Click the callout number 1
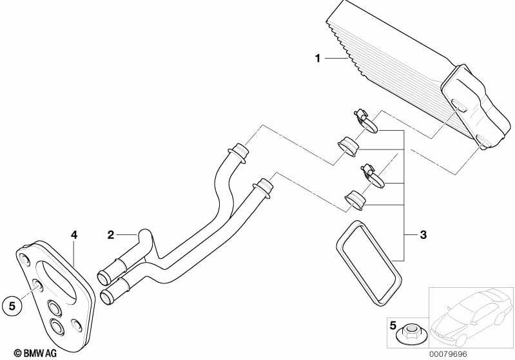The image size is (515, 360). click(x=317, y=59)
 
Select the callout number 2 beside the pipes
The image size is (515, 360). click(x=111, y=234)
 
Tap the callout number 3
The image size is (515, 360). click(x=423, y=234)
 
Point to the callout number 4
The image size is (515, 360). click(x=74, y=234)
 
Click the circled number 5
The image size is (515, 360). click(x=12, y=306)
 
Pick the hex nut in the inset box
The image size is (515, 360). click(x=409, y=334)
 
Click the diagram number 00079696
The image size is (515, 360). click(x=448, y=354)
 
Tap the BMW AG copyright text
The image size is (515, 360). click(x=35, y=353)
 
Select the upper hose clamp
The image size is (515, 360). click(x=365, y=122)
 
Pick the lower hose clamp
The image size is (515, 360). click(x=373, y=176)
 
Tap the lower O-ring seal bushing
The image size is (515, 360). click(x=355, y=199)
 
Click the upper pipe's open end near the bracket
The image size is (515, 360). click(x=104, y=278)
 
